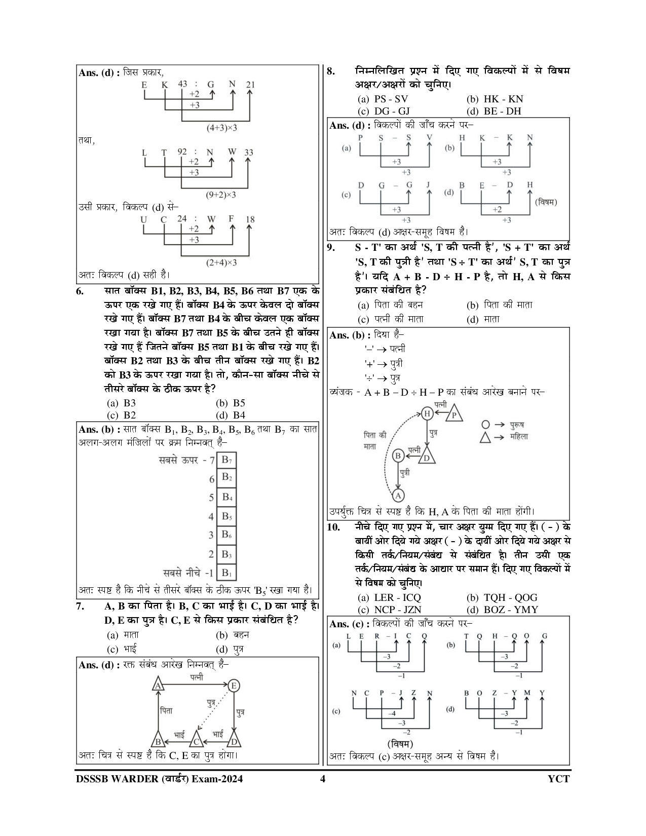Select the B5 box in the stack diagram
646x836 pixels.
226,516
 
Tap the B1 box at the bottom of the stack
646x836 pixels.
226,573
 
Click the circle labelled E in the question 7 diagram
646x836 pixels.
234,686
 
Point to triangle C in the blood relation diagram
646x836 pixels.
196,742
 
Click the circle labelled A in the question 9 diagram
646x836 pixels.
398,496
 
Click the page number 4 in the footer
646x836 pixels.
322,779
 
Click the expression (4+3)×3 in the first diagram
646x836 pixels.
221,128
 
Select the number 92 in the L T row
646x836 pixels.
182,151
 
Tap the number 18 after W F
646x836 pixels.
250,219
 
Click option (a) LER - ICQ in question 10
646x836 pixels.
390,598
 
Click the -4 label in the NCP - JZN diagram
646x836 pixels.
392,714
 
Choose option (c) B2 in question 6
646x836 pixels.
122,415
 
